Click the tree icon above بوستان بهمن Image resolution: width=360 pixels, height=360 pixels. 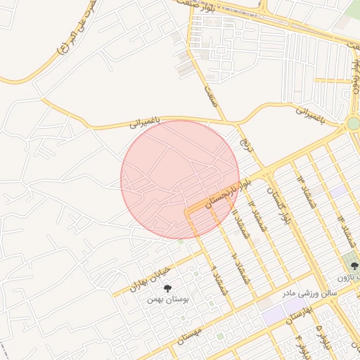click(x=167, y=288)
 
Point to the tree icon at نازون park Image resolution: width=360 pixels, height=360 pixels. click(x=354, y=265)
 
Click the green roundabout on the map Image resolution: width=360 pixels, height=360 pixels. click(x=353, y=124)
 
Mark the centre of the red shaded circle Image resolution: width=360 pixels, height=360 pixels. click(x=180, y=179)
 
